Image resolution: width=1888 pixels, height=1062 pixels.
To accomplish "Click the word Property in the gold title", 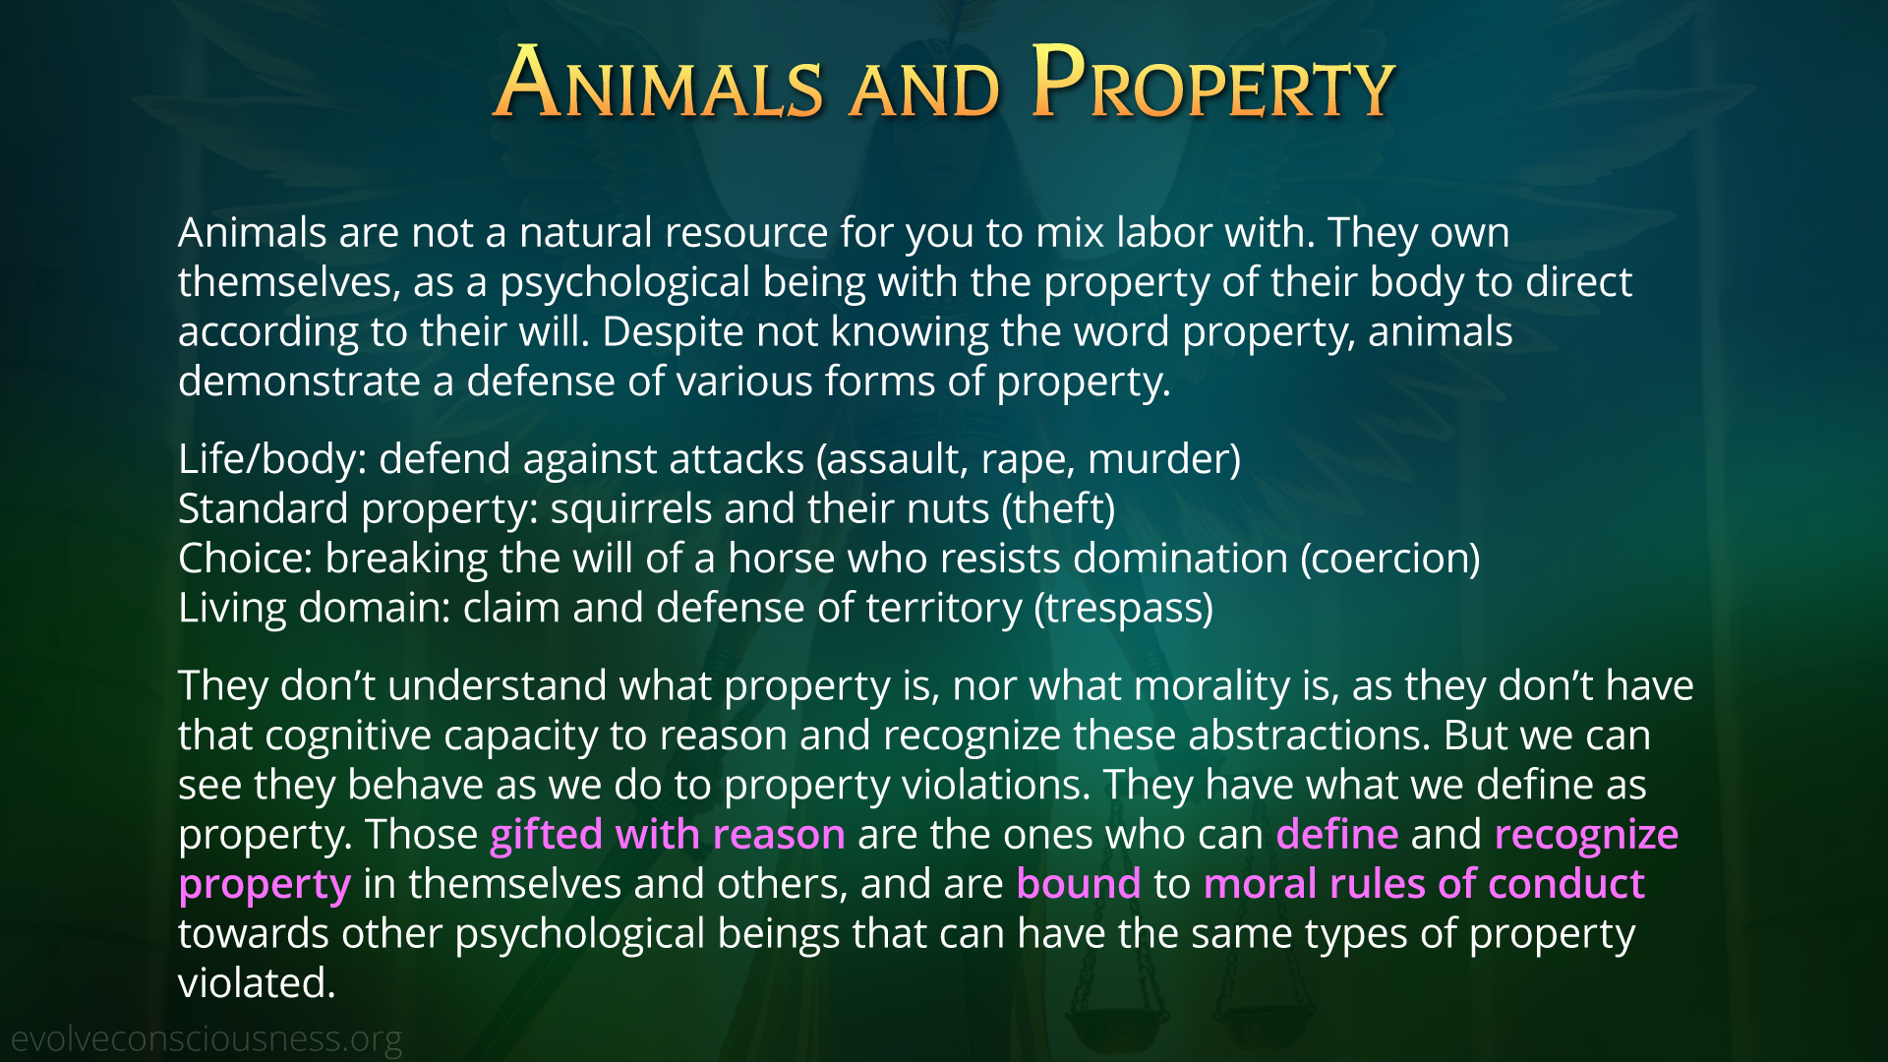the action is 1213,83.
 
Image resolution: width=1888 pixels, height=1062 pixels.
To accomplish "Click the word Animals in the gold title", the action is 658,83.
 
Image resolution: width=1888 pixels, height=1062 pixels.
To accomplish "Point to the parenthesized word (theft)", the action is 1058,509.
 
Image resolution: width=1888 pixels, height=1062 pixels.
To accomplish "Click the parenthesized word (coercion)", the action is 1390,560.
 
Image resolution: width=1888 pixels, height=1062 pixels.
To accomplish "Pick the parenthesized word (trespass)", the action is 1123,609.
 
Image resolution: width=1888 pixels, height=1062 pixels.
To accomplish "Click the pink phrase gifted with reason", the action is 668,835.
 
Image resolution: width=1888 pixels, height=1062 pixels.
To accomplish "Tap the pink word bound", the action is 1079,884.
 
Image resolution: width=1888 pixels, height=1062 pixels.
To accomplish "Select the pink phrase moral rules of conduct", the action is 1424,884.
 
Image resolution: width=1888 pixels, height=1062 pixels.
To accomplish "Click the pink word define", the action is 1337,834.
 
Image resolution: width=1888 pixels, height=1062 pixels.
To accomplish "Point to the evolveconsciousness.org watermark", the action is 206,1039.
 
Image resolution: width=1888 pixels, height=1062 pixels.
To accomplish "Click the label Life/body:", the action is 272,460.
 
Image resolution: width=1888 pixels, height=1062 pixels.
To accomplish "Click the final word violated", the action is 257,983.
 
